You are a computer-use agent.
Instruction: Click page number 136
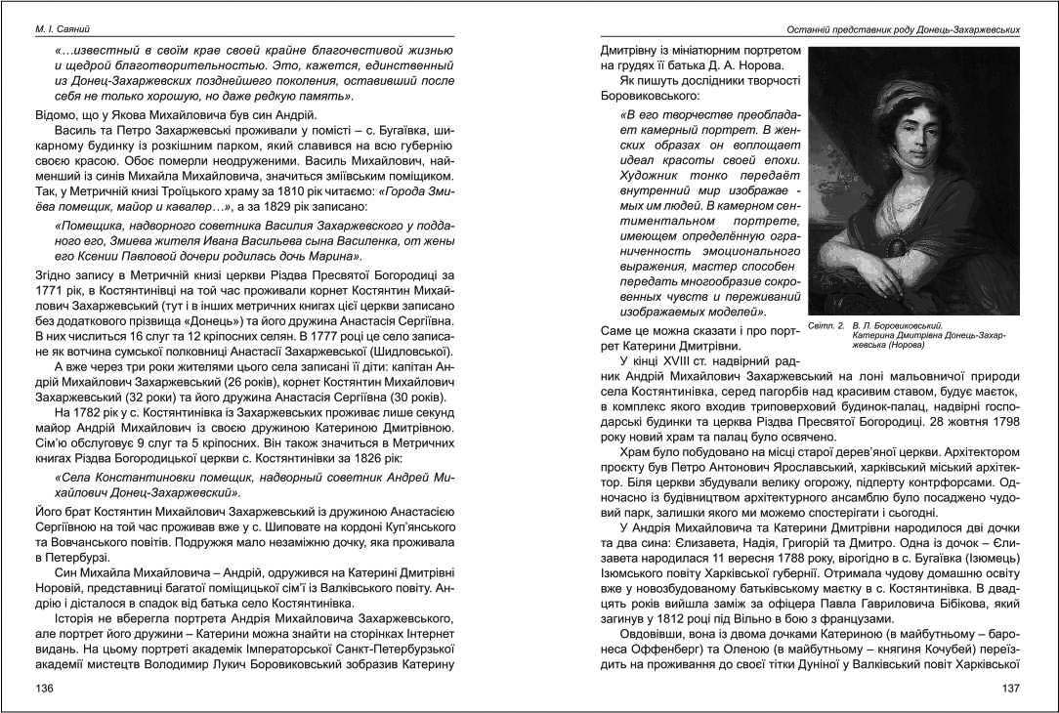point(44,688)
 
